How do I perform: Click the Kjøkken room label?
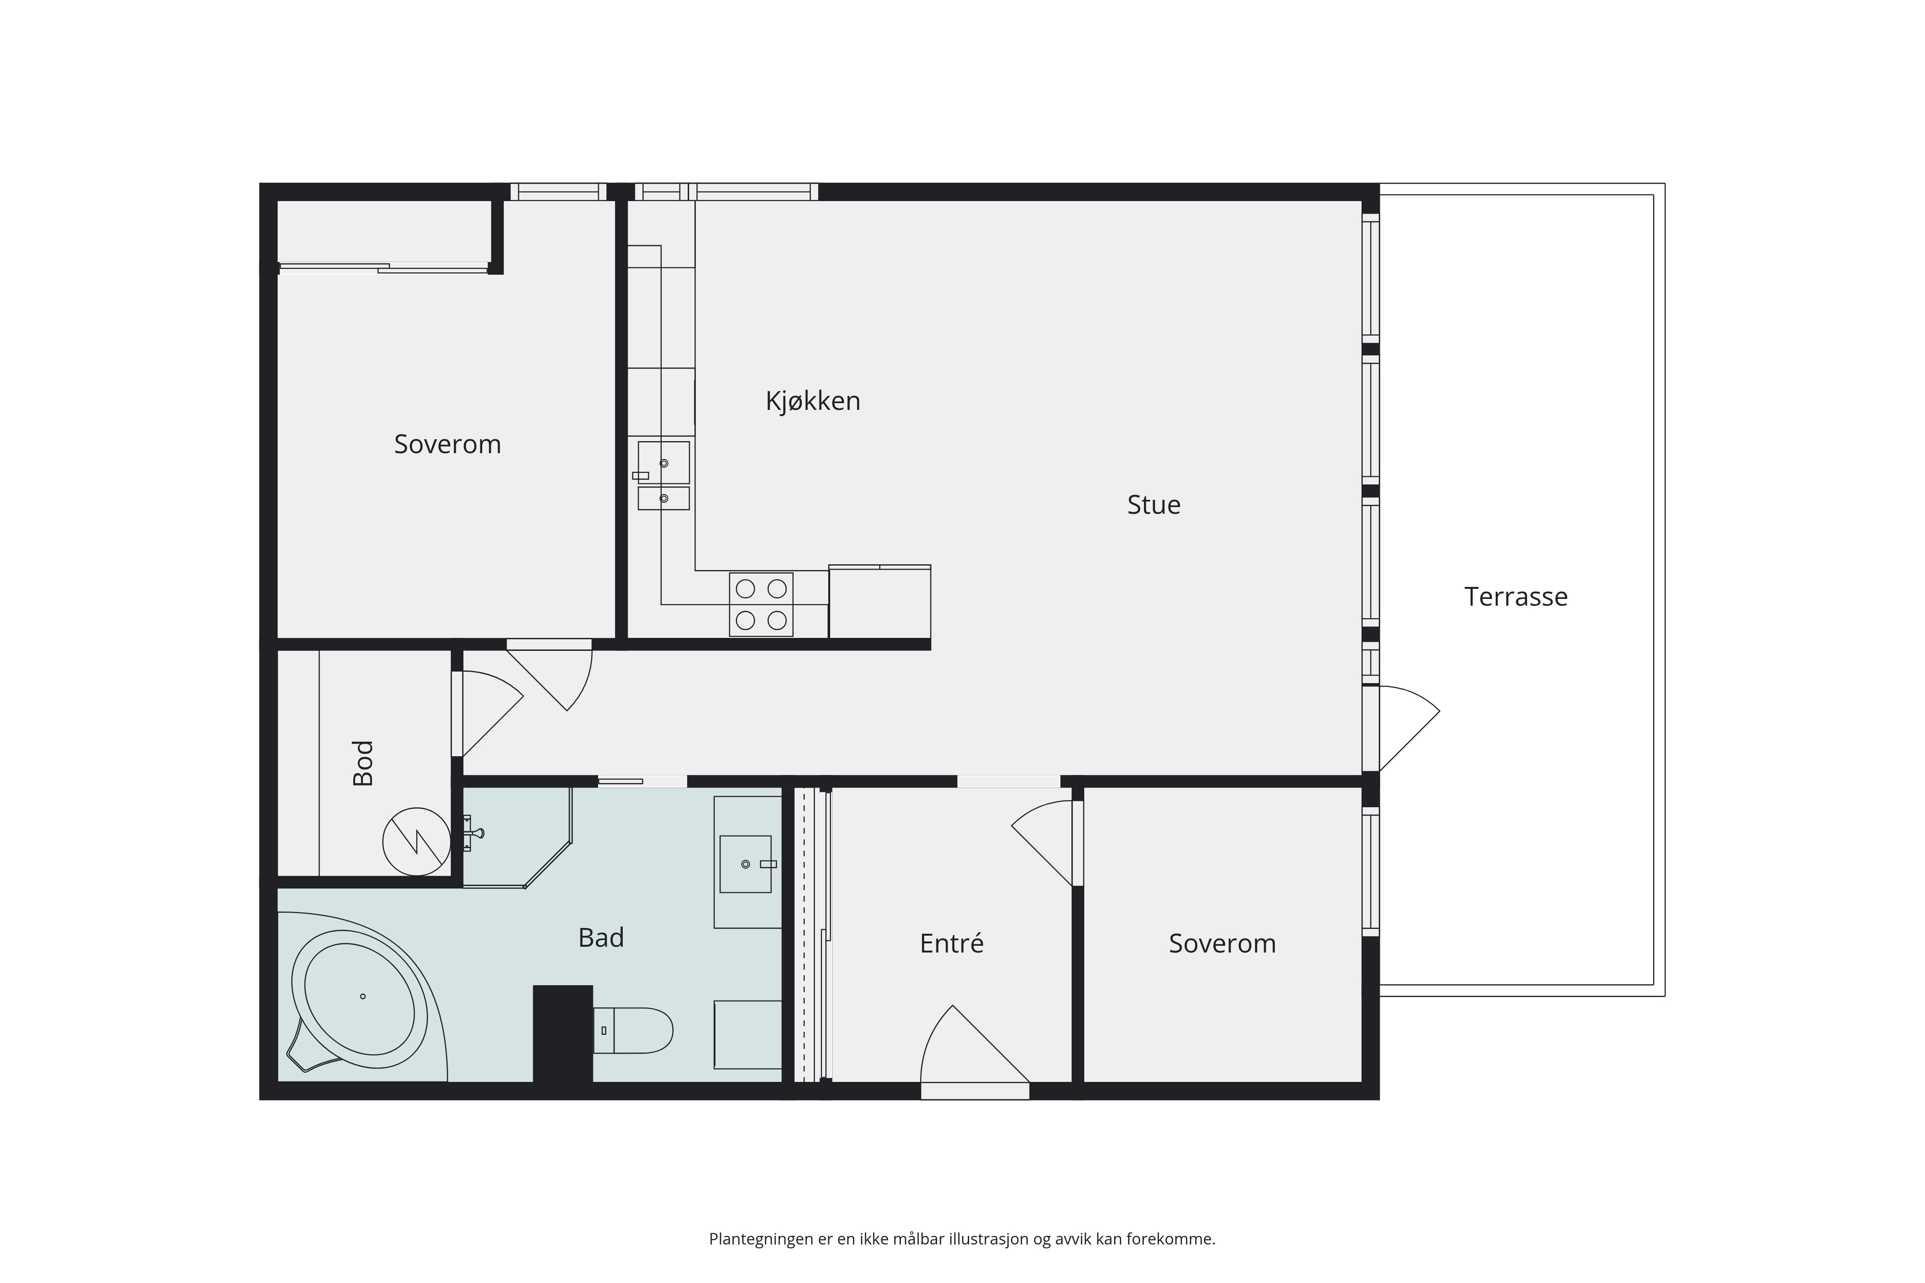(813, 401)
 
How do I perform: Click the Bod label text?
(362, 763)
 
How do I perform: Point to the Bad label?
(601, 938)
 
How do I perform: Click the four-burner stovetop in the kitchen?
(761, 605)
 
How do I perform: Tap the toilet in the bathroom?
(633, 1030)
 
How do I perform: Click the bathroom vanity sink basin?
(745, 864)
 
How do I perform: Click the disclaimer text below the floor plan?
(962, 1239)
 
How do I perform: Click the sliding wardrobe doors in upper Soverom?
(383, 267)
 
